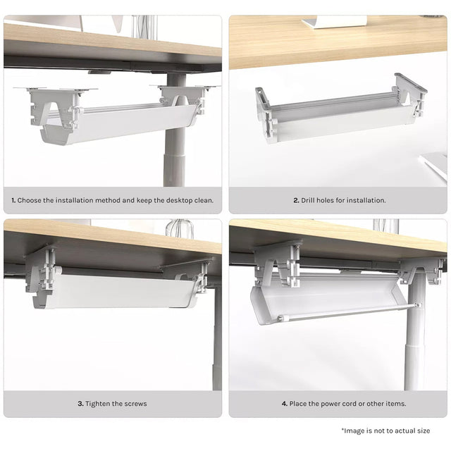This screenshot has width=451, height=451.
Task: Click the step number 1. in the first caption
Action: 13,200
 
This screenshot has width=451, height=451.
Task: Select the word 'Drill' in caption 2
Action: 312,200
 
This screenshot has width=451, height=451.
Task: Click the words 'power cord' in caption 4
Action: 334,404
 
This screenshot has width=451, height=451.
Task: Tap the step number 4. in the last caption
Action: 285,404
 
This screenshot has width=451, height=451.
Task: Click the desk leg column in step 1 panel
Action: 173,155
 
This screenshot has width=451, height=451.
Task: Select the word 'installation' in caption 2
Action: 363,200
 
